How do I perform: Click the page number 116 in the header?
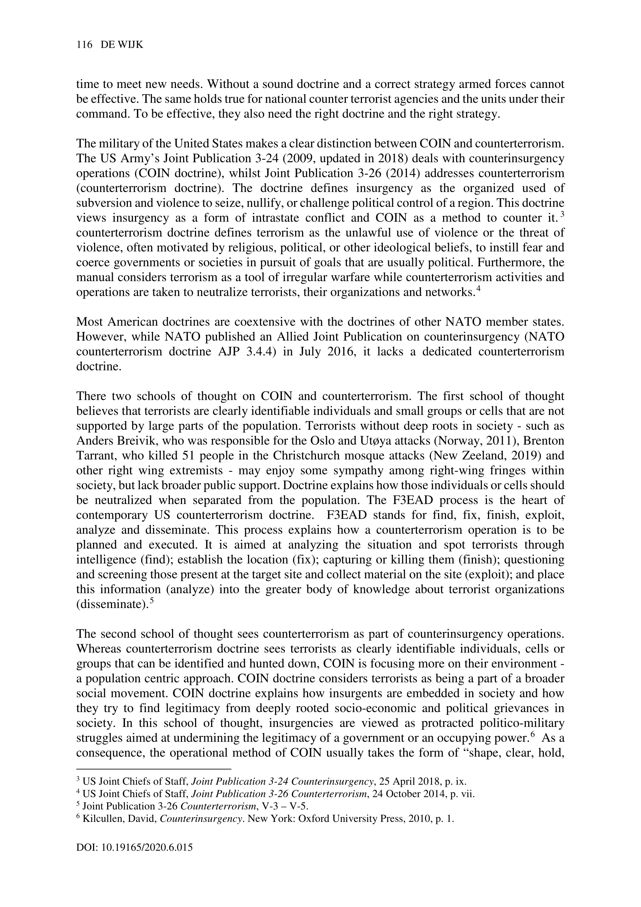point(84,46)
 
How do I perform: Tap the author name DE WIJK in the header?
point(122,46)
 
